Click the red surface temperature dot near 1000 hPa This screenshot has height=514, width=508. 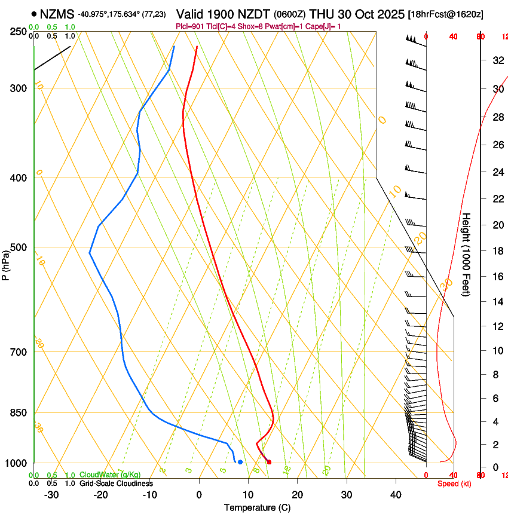[x=269, y=462]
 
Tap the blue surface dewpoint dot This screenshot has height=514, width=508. [x=240, y=462]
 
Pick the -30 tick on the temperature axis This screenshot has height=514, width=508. [x=51, y=495]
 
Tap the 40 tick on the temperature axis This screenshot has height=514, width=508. [x=396, y=495]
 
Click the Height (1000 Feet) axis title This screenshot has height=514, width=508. [x=466, y=254]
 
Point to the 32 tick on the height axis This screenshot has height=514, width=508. [x=497, y=60]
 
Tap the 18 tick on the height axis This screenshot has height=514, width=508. [x=497, y=251]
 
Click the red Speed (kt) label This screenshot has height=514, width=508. [x=454, y=484]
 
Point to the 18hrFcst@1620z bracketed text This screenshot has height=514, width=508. [x=446, y=14]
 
